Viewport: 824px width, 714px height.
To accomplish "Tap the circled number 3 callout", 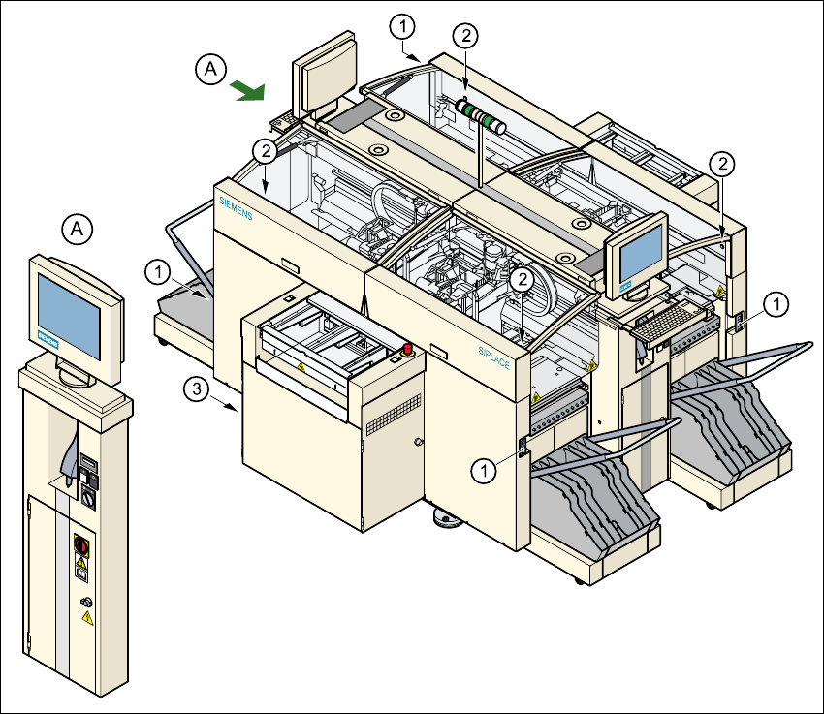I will coord(197,389).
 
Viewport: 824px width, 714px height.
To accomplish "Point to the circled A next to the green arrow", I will coord(210,69).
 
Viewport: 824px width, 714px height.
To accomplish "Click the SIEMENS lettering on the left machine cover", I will coord(235,207).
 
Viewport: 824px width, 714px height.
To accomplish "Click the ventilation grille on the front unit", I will coord(392,419).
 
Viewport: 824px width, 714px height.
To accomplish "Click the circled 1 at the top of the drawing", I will coord(404,23).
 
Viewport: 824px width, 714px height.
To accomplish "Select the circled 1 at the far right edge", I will coord(776,305).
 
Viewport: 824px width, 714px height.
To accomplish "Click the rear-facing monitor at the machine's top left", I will coord(324,75).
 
